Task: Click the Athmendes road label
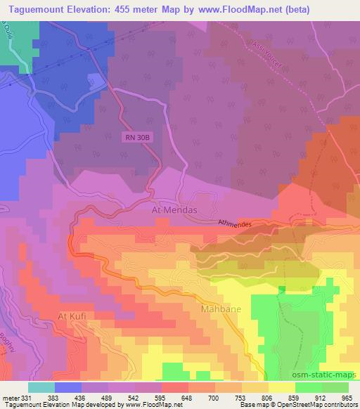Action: point(234,223)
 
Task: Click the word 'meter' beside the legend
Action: point(9,397)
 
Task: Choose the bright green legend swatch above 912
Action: point(309,387)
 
